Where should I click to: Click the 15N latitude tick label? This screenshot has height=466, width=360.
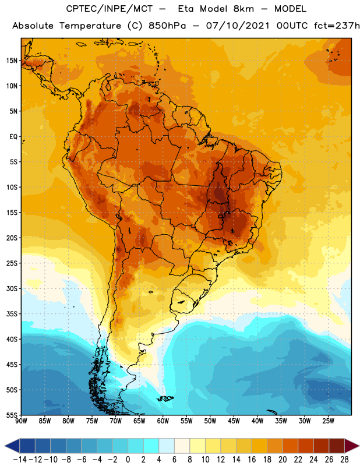pos(12,61)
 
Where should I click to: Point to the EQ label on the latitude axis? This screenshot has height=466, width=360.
pos(13,137)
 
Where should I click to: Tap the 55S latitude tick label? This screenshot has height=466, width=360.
pos(12,415)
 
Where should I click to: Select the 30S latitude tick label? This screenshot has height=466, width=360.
pos(12,288)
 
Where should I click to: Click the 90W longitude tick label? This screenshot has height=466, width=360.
pos(21,421)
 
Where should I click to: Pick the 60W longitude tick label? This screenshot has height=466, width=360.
pos(163,421)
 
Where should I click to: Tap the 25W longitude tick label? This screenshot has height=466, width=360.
pos(328,421)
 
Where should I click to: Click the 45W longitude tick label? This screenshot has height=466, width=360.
pos(234,421)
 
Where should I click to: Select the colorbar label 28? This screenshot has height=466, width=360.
pos(344,460)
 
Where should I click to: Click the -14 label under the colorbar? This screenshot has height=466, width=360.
pos(20,460)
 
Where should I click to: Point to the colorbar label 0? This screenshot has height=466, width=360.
pos(128,460)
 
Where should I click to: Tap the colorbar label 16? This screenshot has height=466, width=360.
pos(252,460)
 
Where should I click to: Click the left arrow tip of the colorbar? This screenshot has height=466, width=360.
pos(5,446)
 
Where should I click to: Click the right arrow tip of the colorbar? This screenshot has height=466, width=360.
pos(359,446)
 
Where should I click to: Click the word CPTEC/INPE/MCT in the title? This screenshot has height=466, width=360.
pos(110,9)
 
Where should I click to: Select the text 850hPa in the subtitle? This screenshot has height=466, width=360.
pos(167,26)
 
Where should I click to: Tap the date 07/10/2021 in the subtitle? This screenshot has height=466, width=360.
pos(238,26)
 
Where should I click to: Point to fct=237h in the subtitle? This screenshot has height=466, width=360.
pos(337,26)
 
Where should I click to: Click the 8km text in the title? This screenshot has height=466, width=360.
pos(243,9)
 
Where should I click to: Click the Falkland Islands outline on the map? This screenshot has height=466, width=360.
pos(165,398)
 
